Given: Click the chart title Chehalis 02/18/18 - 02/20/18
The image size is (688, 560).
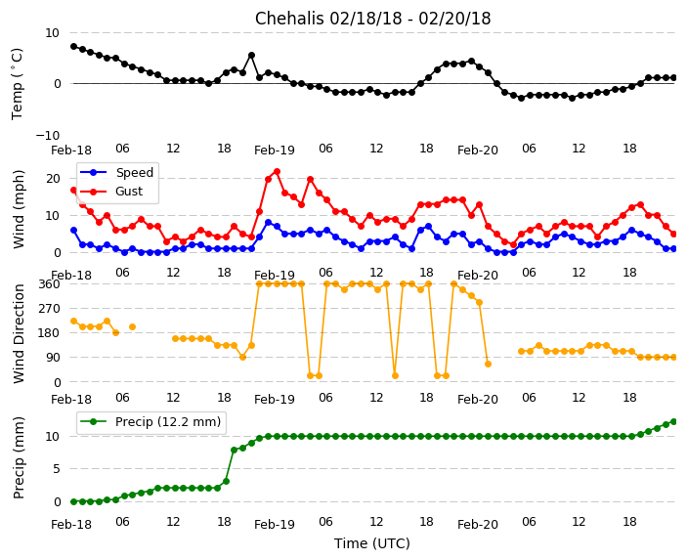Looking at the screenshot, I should coord(372,19).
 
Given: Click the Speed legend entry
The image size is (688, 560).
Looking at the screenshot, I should coord(134,173).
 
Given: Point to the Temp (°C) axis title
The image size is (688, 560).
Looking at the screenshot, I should coord(18,83).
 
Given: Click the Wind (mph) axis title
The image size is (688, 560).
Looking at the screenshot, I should coord(19,208).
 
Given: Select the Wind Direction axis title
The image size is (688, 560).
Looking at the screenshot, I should coord(19,332).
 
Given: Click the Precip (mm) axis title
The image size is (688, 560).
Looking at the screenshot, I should coord(19,456).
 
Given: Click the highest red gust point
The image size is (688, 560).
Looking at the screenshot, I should coord(277,172).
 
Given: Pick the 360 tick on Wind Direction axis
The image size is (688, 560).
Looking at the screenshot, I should coord(50,284).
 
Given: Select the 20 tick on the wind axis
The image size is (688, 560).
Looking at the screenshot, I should coord(54,178).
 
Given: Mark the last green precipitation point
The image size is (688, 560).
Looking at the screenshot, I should coord(673,421).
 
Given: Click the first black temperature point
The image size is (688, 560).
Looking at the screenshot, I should coord(73,46).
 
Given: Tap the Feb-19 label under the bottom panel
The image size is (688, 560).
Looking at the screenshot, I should coord(275,525).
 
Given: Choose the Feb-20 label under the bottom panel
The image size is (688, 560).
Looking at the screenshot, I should coord(478,525).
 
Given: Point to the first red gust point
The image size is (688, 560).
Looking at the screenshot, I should coord(73,190).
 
